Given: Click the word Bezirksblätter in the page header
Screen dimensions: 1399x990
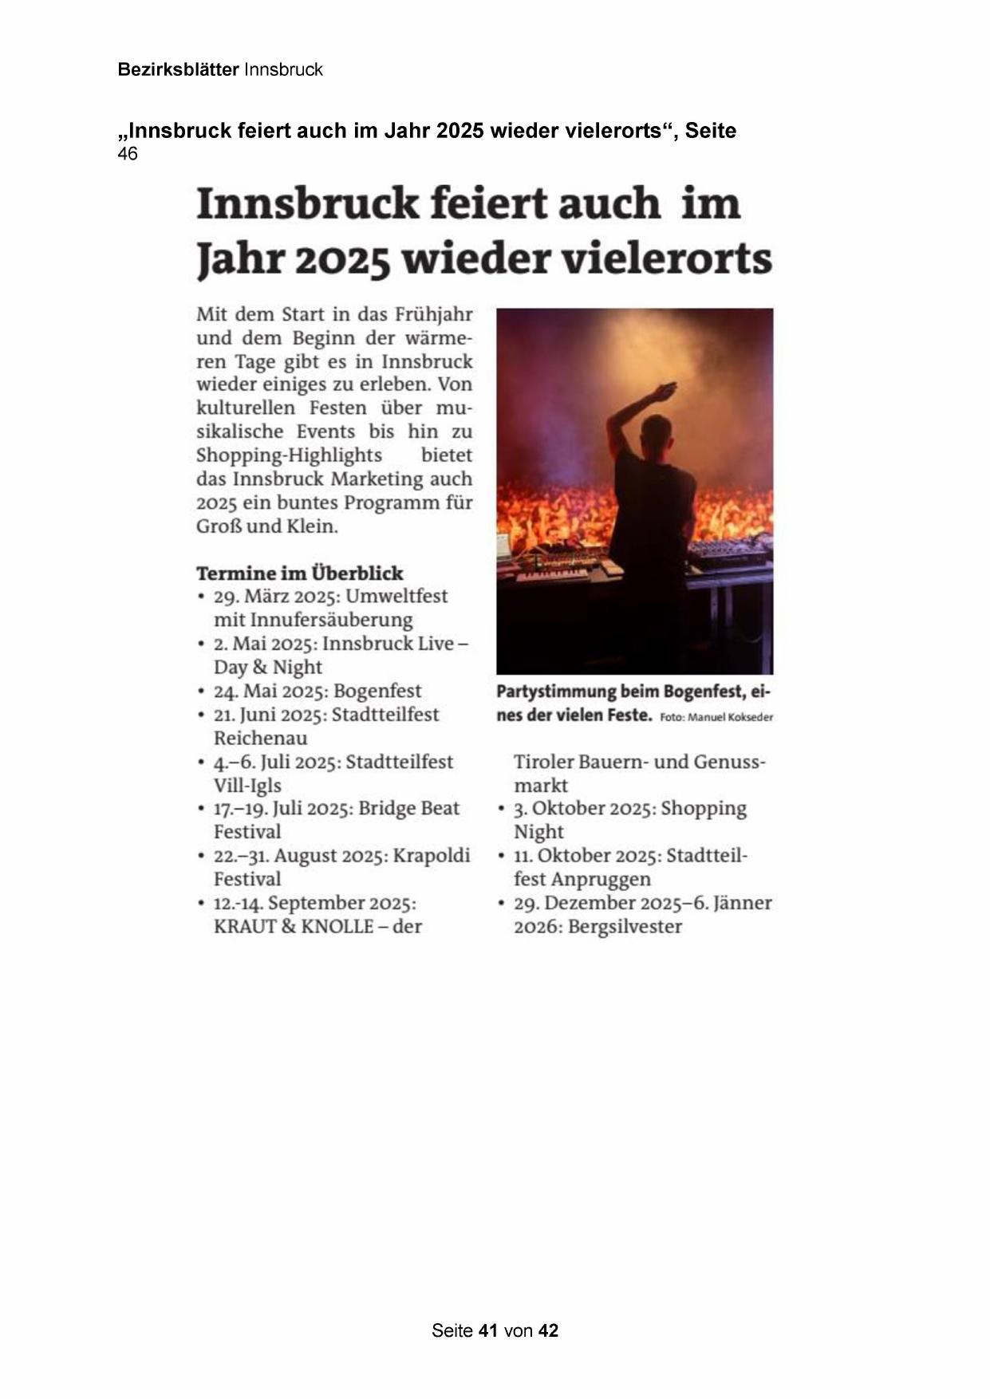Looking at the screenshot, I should (178, 69).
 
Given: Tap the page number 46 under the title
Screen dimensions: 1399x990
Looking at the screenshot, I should (127, 154).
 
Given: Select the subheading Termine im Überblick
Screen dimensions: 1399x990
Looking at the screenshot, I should (300, 573).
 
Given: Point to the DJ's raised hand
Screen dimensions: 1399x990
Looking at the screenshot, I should (661, 392).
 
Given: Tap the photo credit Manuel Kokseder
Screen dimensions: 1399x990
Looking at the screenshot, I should (730, 717).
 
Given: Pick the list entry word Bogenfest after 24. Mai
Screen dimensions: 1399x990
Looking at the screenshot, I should (377, 691).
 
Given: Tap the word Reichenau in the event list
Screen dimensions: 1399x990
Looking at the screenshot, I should (260, 738).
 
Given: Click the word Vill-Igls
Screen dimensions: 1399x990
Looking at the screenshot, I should (247, 785).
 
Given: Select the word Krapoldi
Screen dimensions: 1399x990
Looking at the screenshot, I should (432, 855).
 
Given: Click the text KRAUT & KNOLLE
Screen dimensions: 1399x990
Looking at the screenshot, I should (294, 926).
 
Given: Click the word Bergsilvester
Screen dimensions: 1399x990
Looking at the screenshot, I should (625, 926).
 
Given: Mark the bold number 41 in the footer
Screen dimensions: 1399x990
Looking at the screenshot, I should (488, 1330).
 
